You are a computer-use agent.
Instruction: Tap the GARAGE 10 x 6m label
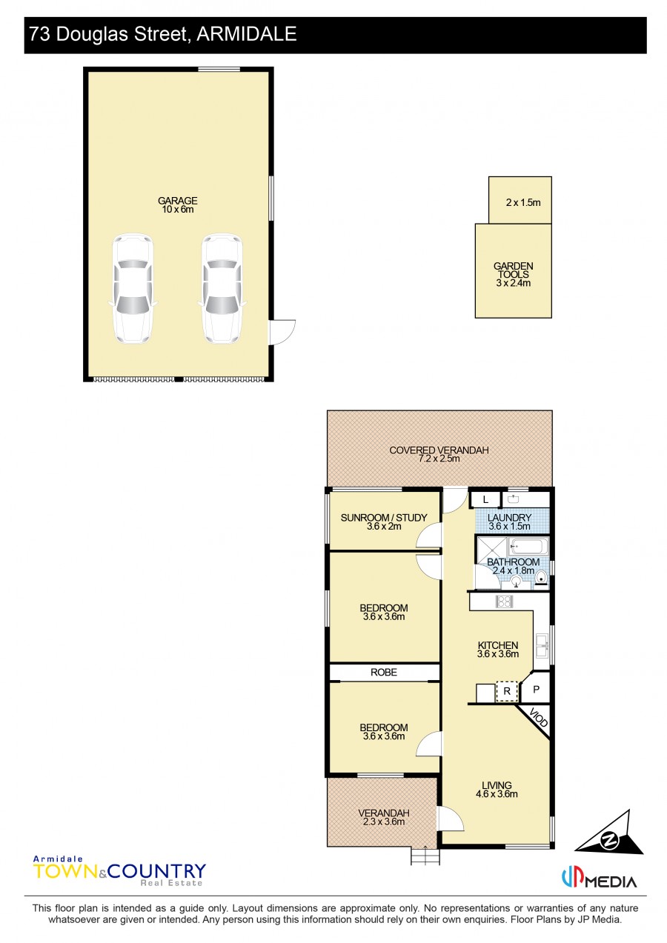coord(178,205)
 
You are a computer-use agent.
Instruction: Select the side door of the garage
coord(282,333)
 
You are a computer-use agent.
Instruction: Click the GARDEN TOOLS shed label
coord(514,274)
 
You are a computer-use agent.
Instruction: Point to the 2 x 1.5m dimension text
coord(523,202)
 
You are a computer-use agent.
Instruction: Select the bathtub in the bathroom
coord(528,547)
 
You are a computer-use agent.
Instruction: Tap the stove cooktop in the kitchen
coord(504,601)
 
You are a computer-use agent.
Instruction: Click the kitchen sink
coord(542,644)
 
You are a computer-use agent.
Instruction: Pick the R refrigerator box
coord(507,691)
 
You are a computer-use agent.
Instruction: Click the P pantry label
coord(536,689)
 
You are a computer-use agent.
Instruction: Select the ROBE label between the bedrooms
coord(384,673)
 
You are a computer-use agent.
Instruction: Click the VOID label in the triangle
coord(538,719)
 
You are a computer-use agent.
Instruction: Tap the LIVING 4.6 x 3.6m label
coord(497,790)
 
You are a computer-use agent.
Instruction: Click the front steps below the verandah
coord(425,856)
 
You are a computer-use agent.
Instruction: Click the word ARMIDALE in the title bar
coord(247,34)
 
